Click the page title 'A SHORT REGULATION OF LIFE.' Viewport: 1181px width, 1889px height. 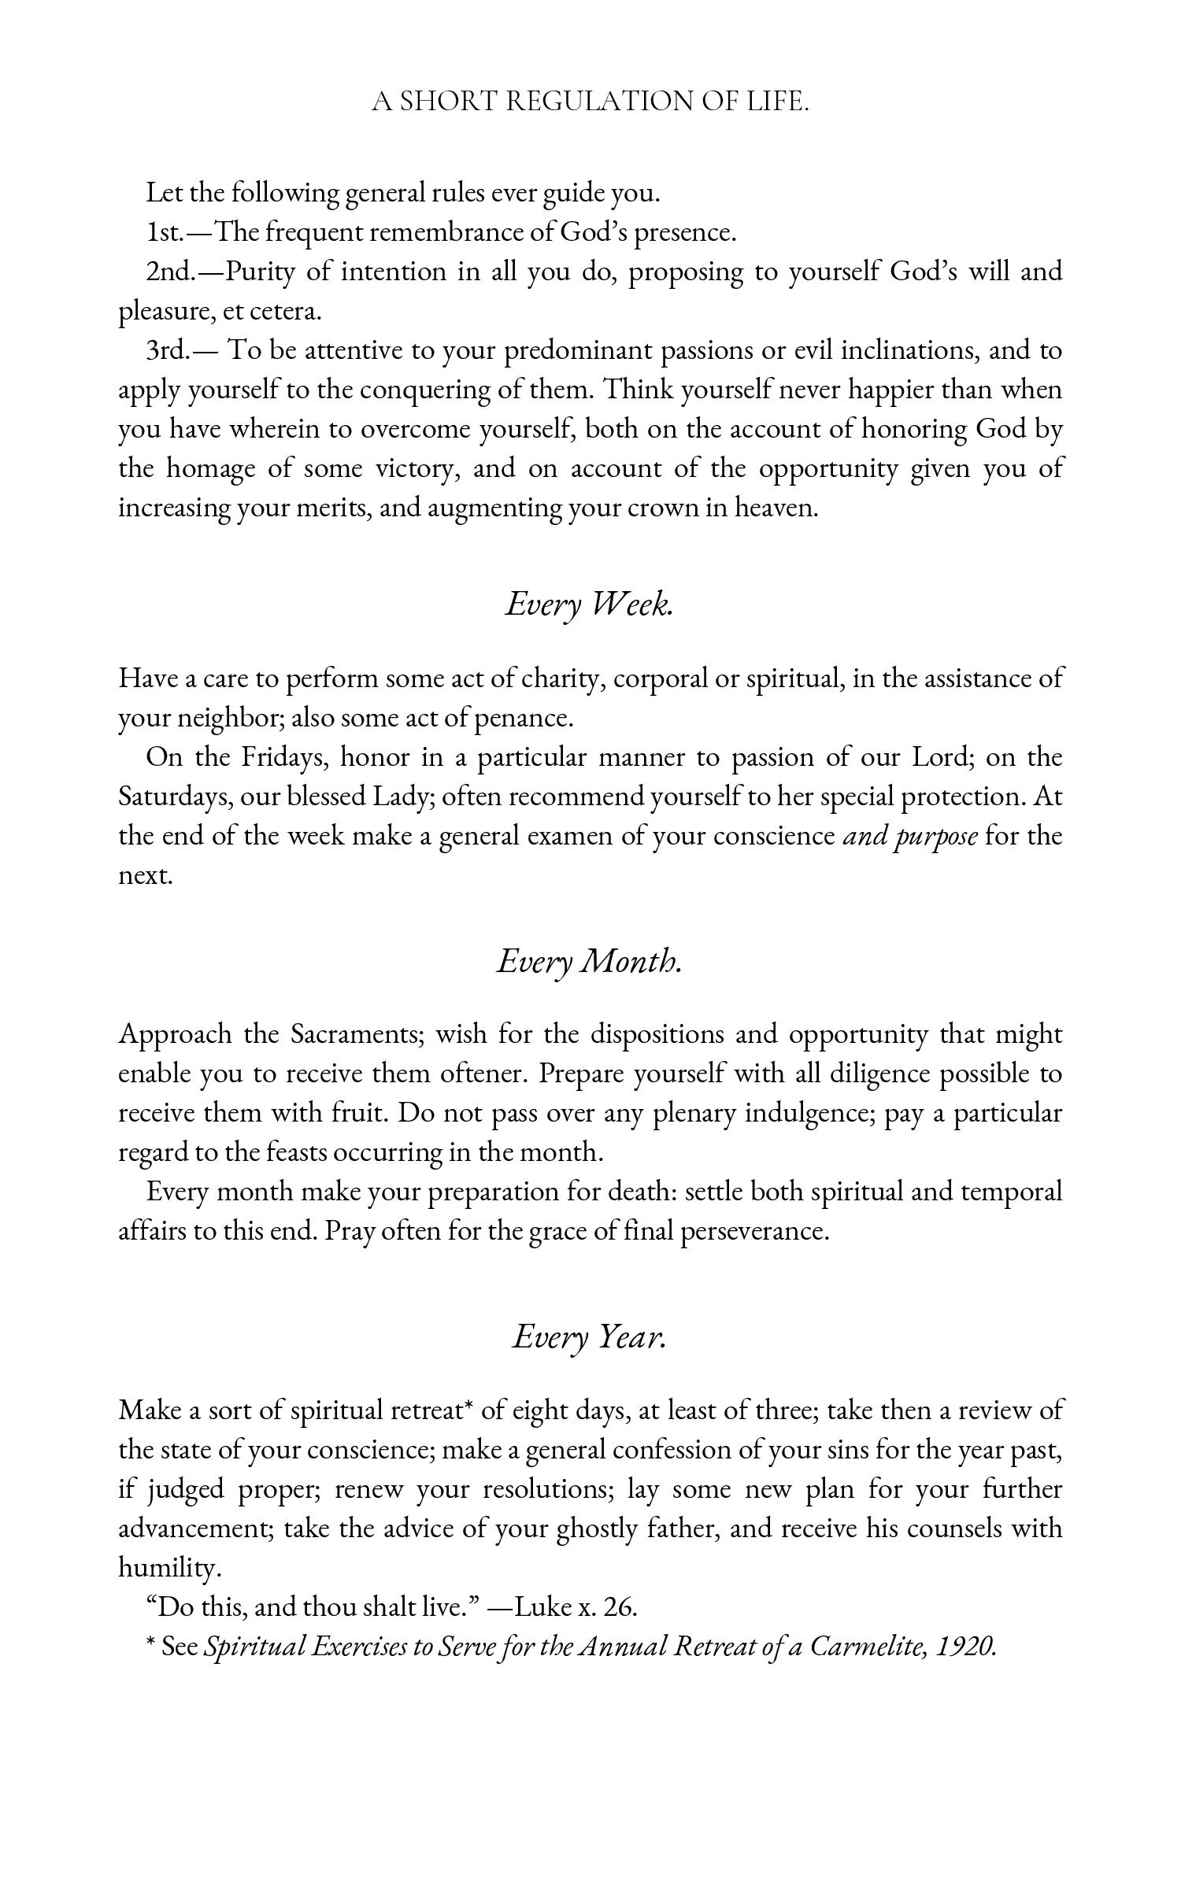pos(590,102)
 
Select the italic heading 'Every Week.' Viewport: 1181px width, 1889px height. pos(589,604)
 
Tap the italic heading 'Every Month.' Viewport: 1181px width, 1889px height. pos(589,960)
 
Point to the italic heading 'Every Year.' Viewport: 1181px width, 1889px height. pos(589,1336)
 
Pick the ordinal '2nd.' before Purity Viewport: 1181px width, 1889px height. pos(170,272)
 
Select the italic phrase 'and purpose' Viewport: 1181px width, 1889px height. pos(910,836)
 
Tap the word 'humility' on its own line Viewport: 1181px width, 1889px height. pos(168,1568)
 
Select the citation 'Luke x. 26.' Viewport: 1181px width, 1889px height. pos(576,1607)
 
